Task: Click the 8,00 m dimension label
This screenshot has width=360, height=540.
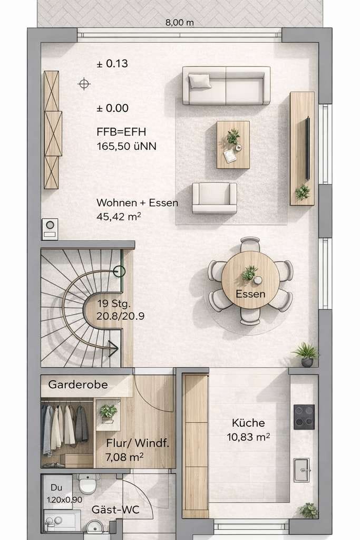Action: pos(179,23)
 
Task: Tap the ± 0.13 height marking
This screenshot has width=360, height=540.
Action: pos(112,63)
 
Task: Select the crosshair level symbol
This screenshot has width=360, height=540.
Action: pos(84,84)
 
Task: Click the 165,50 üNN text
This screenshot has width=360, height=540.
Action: pos(127,147)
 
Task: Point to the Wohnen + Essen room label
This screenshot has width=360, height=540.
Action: pos(138,202)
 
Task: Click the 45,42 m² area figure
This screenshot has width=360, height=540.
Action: pos(119,217)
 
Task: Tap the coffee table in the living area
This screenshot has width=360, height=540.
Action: pos(233,144)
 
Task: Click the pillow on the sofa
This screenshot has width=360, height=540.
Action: pos(199,81)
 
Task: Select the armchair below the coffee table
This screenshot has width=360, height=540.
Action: pos(215,198)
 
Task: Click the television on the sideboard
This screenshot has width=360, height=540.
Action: pos(307,148)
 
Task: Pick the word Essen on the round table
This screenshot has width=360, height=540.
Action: pos(250,294)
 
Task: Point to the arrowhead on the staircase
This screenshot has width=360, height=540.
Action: pos(113,349)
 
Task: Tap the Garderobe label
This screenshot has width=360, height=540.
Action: pos(78,384)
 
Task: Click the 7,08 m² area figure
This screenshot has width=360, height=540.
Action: pos(124,457)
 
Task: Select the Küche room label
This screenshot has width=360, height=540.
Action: pos(248,423)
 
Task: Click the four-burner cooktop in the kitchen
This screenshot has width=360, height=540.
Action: pos(304,417)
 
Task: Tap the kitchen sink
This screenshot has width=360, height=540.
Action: pos(302,470)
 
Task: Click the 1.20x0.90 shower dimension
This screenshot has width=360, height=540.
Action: pos(64,500)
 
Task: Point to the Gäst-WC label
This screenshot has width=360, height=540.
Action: pos(115,510)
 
